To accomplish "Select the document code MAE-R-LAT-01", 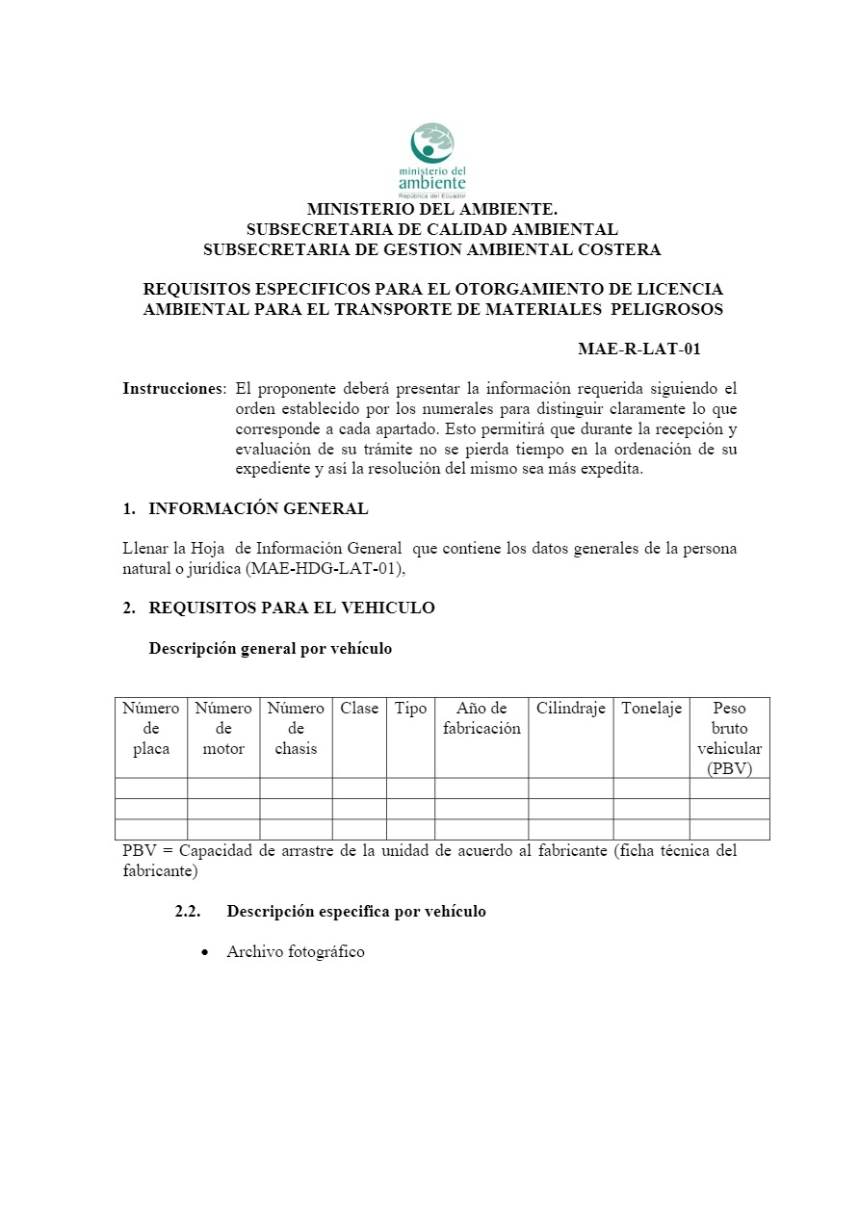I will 638,349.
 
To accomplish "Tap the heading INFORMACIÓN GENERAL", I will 258,508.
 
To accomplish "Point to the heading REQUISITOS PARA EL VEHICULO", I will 291,608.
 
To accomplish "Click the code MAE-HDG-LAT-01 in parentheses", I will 324,569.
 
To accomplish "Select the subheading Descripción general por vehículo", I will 270,648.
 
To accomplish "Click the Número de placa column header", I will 151,728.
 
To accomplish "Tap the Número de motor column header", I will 223,728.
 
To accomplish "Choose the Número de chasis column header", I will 296,728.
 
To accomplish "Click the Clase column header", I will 359,709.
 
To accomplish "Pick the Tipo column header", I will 410,709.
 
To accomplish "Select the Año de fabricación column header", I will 482,718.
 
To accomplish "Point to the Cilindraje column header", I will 570,709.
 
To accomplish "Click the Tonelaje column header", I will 651,709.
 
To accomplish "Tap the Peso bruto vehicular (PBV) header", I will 729,738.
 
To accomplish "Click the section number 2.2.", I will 187,911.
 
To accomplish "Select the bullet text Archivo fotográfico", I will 296,951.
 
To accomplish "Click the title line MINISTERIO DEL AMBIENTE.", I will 431,209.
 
